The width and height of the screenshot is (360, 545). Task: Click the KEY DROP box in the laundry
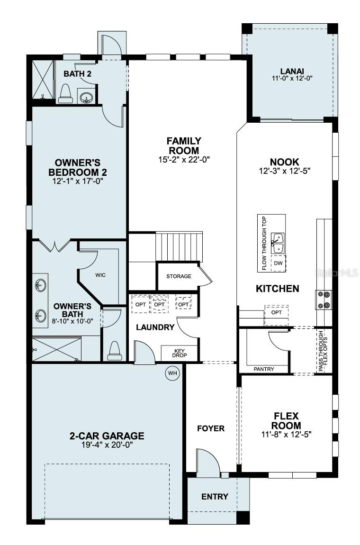(x=179, y=353)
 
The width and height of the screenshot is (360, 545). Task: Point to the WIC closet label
(x=100, y=275)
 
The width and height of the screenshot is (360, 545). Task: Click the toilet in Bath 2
(x=65, y=95)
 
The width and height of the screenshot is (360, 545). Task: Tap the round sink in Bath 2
(x=86, y=98)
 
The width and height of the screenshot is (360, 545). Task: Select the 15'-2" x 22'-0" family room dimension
(x=184, y=160)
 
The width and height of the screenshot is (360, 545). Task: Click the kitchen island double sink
(x=278, y=243)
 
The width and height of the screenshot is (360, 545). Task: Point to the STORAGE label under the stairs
(x=179, y=276)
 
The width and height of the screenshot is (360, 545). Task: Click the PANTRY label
(x=264, y=369)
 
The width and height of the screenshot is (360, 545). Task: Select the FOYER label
(x=211, y=428)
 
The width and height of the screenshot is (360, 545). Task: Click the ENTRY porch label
(x=215, y=497)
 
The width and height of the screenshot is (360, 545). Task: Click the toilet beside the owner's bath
(x=115, y=350)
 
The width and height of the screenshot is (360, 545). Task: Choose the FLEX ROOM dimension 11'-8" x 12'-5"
(x=286, y=434)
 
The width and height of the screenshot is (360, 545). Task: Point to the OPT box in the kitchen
(x=276, y=313)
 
